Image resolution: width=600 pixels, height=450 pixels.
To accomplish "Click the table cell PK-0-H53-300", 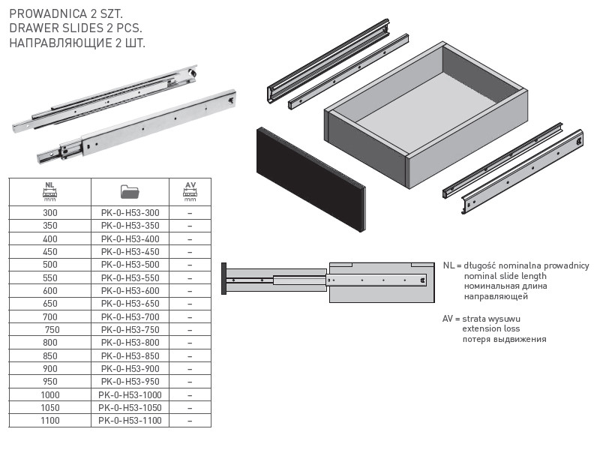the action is (x=130, y=213).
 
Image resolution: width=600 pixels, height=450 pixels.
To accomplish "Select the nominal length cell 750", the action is (x=52, y=330).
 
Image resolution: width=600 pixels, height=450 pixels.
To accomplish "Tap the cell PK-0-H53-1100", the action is (x=130, y=421).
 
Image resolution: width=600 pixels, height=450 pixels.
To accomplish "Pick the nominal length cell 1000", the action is (x=50, y=395).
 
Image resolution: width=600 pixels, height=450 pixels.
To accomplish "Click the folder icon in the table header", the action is (x=130, y=192).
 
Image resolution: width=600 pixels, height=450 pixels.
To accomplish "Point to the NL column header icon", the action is (x=49, y=192).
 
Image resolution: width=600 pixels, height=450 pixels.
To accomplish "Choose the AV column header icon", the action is (x=190, y=192).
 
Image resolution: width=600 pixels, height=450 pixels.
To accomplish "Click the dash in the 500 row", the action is (x=190, y=265).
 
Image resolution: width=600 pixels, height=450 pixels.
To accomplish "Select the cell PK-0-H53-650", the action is (x=130, y=304).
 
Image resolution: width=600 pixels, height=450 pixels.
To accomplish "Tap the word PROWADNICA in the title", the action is (x=48, y=13).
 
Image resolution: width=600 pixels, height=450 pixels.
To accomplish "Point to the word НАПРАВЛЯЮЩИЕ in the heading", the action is (x=60, y=43).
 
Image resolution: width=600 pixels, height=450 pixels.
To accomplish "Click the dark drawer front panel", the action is (x=310, y=179).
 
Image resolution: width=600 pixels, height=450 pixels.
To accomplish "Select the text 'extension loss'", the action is (x=491, y=328).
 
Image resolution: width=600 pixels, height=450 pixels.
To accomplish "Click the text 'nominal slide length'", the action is (x=505, y=276).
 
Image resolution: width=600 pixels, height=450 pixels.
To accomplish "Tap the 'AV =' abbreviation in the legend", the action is (x=451, y=319).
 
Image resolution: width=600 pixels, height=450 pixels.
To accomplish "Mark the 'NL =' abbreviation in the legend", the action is (x=452, y=265).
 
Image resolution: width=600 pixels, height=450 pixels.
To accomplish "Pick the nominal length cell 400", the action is (x=50, y=239).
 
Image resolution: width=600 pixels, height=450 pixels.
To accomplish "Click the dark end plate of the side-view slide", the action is (x=223, y=278).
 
